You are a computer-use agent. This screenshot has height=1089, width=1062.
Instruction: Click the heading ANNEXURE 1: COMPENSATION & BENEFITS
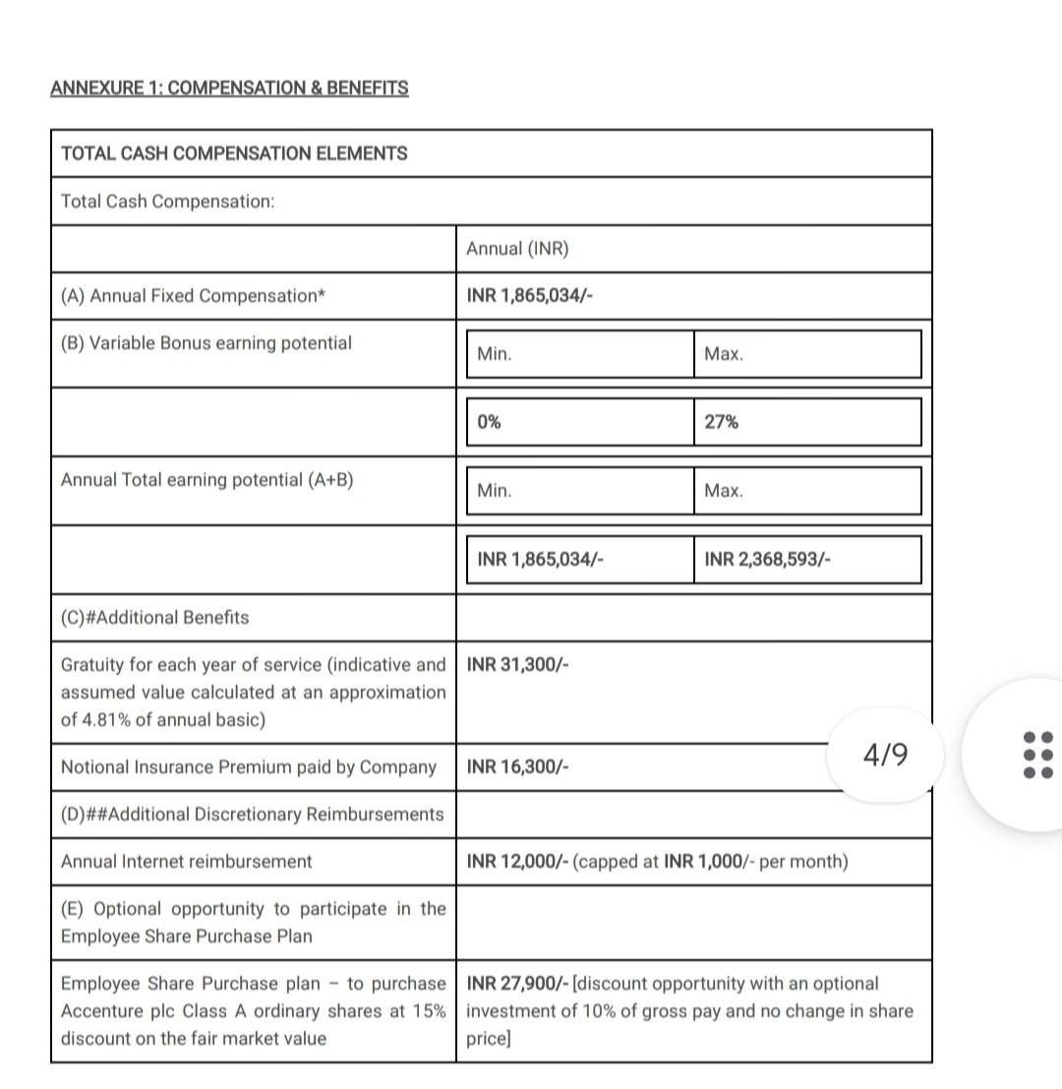[x=229, y=88]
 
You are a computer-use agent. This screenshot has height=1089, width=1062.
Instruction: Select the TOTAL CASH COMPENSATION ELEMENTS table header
[x=234, y=153]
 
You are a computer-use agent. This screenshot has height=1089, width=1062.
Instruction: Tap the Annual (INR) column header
[x=517, y=249]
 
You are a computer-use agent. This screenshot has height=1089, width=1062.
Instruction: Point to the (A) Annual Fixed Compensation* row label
[x=193, y=296]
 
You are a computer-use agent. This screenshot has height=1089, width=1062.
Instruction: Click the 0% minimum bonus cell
[x=489, y=422]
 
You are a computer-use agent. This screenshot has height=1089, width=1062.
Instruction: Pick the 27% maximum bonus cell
[x=722, y=422]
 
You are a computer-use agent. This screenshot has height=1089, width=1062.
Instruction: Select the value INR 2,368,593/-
[x=767, y=560]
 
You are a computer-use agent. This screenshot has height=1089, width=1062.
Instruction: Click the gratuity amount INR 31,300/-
[x=517, y=664]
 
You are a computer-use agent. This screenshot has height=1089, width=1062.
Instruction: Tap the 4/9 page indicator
[x=885, y=755]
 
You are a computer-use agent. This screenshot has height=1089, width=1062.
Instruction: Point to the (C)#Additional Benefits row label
[x=155, y=618]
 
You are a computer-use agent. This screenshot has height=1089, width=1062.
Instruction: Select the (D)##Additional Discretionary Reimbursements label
[x=253, y=815]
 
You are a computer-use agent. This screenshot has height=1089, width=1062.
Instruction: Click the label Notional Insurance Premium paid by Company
[x=249, y=767]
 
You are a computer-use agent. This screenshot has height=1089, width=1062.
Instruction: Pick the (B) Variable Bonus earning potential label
[x=206, y=343]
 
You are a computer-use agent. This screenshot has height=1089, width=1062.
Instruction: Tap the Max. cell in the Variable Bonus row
[x=724, y=354]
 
